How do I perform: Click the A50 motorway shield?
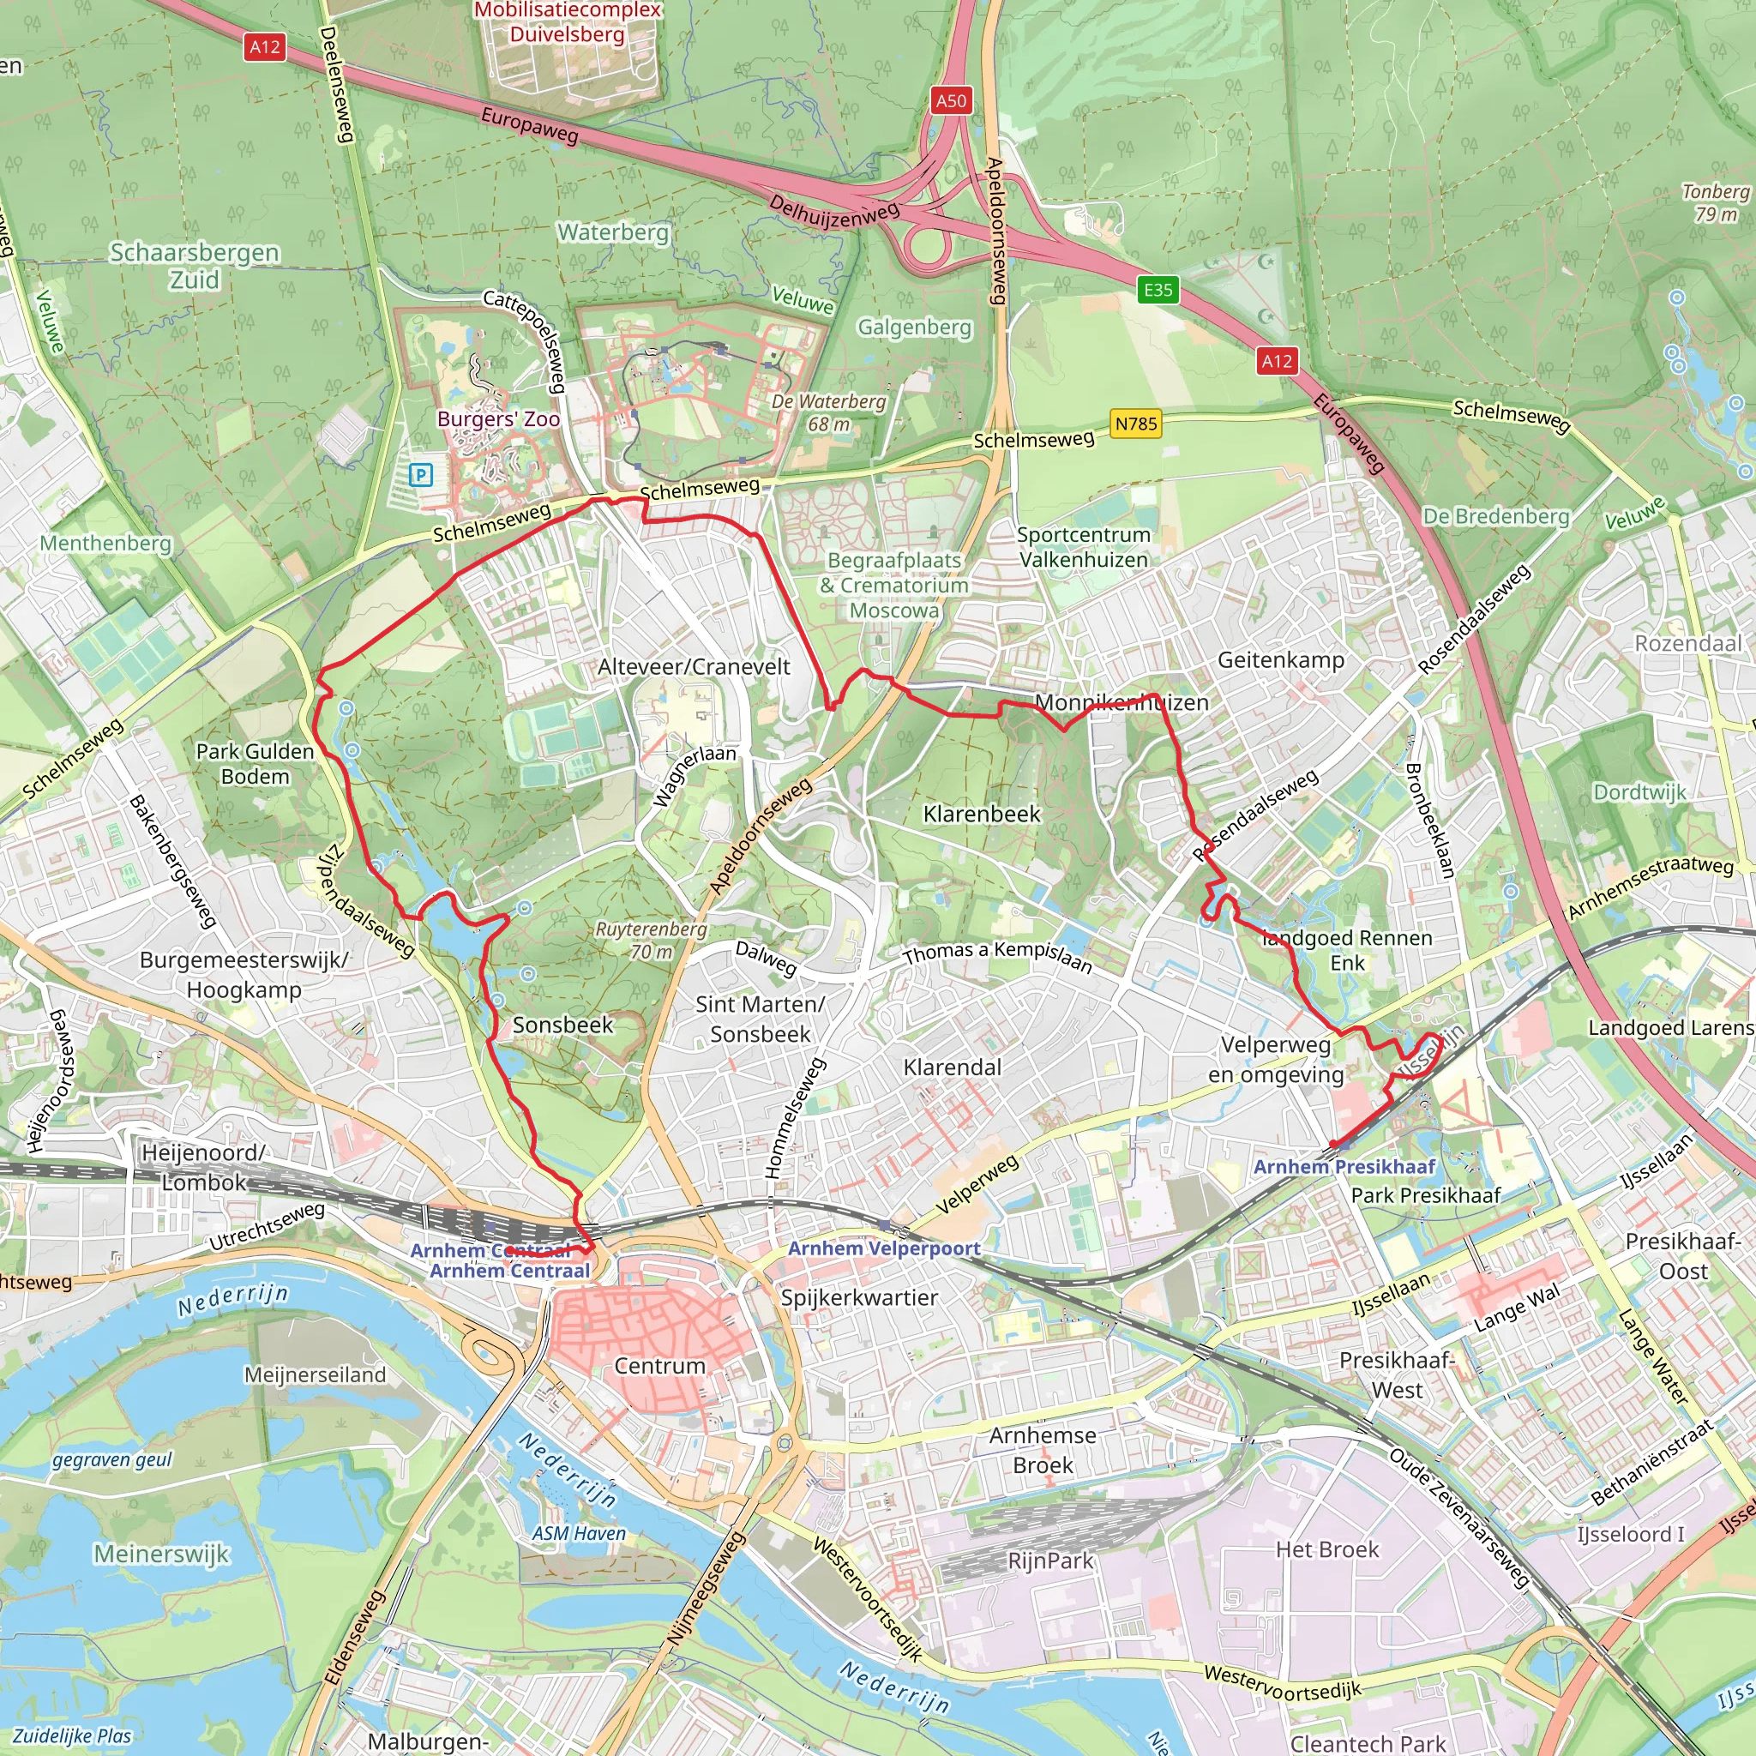click(951, 100)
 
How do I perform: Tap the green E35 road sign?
click(1157, 290)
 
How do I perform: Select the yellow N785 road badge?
click(1136, 424)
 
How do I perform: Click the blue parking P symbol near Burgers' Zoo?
click(420, 473)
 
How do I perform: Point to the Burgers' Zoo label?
click(498, 419)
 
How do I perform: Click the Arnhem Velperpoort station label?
click(883, 1248)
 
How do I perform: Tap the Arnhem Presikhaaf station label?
click(1344, 1166)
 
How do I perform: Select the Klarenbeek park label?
click(982, 814)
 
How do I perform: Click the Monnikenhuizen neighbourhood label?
click(1122, 701)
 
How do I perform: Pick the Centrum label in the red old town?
click(660, 1365)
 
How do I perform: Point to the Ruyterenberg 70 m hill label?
click(651, 940)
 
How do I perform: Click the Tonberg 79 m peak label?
click(1715, 202)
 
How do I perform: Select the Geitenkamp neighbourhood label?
click(1281, 659)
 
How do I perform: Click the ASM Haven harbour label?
click(579, 1533)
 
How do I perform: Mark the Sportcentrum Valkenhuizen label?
click(1084, 546)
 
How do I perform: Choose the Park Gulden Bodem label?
click(256, 763)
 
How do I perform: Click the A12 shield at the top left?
click(264, 46)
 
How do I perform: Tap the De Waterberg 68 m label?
click(828, 412)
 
